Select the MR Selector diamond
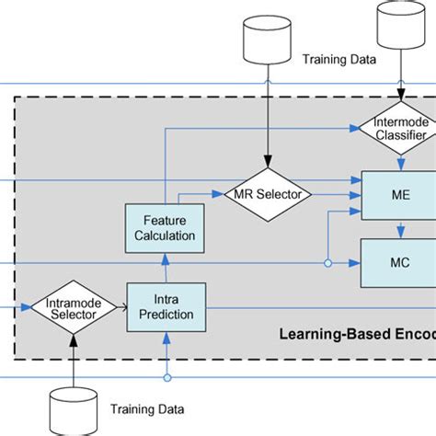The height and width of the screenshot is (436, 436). coord(268,194)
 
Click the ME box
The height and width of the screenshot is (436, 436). coord(397,195)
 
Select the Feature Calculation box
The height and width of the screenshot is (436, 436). coord(164,227)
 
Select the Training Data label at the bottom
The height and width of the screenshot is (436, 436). coord(147,409)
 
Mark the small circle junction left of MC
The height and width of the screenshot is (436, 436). coord(327,262)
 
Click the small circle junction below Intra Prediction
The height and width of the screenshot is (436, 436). coord(166,377)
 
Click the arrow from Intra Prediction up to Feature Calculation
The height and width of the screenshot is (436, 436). coord(166,268)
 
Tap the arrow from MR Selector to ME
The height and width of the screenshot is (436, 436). coord(334,194)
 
